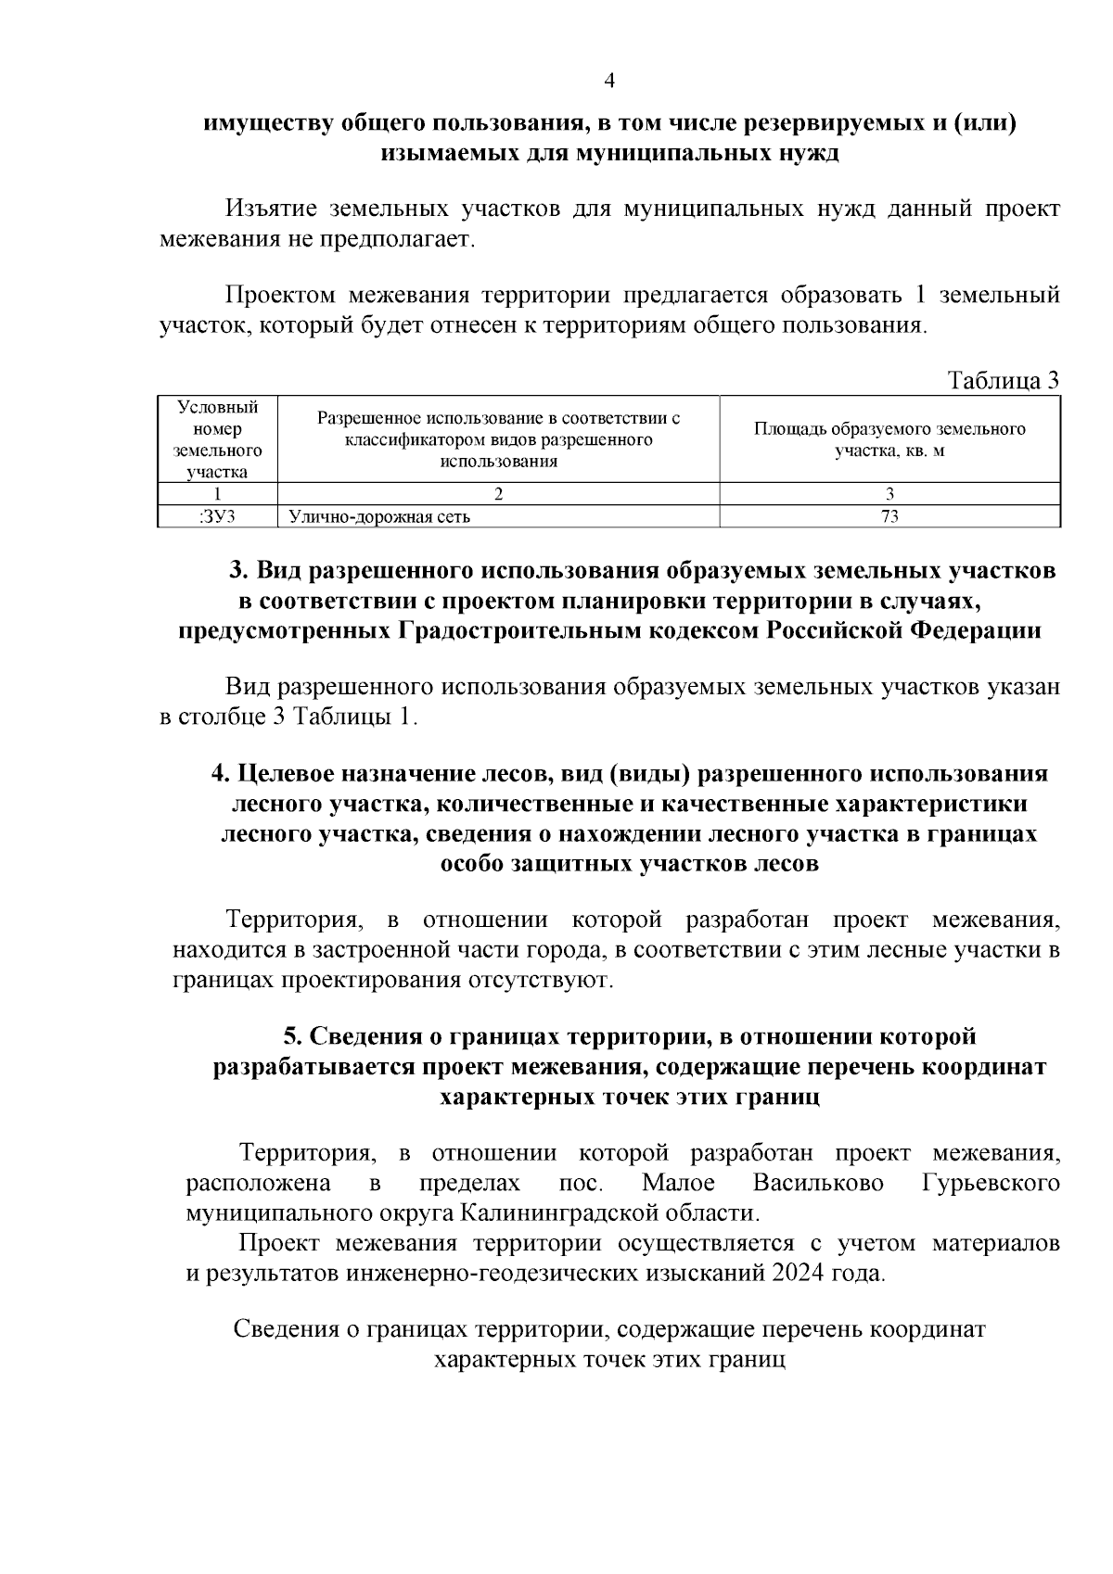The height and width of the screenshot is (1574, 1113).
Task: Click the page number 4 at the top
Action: point(609,81)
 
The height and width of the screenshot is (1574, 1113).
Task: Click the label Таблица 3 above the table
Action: point(1003,381)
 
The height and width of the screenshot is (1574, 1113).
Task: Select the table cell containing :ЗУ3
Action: point(217,517)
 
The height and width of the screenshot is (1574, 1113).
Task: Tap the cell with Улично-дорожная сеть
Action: point(379,517)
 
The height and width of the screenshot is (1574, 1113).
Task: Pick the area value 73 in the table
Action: point(889,517)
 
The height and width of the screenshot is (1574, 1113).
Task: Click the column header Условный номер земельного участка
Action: point(217,439)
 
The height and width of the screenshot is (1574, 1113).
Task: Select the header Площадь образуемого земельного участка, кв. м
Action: point(889,439)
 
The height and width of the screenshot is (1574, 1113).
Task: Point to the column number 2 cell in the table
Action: point(498,493)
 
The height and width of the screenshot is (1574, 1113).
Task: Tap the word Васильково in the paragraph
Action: point(818,1184)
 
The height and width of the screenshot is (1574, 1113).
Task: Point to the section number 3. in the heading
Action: point(239,569)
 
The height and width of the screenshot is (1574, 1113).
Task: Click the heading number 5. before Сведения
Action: point(292,1035)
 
